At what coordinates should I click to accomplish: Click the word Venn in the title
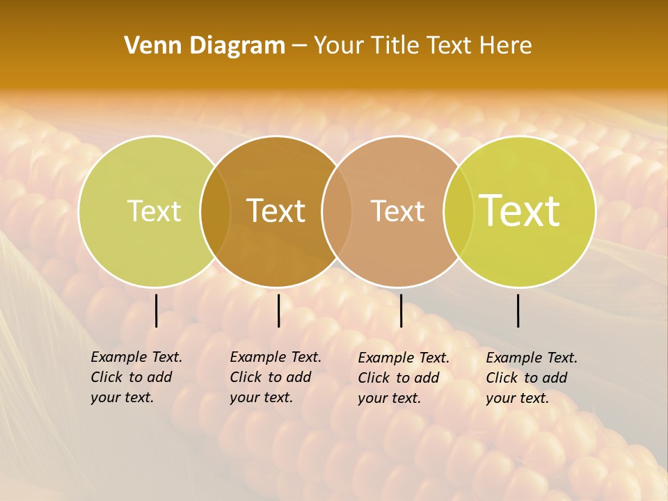coord(148,45)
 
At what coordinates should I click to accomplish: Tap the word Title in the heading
coord(396,45)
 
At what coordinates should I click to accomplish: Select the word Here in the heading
coord(507,45)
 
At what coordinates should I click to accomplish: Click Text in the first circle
coord(154,211)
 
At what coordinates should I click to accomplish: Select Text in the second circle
coord(276,211)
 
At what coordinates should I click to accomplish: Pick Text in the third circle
coord(397,211)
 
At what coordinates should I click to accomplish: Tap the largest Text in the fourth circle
coord(520,210)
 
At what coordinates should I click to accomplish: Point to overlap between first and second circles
coord(215,211)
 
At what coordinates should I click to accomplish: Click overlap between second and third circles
coord(337,211)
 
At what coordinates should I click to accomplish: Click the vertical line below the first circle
coord(156,310)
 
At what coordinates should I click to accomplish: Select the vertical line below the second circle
coord(278,310)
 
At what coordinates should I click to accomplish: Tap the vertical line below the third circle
coord(401,310)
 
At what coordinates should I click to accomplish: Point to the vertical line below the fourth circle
coord(518,310)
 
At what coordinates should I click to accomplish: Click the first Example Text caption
coord(136,377)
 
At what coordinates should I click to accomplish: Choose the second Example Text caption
coord(276,377)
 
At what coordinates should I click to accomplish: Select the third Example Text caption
coord(404,378)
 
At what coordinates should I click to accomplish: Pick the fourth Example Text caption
coord(532,378)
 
